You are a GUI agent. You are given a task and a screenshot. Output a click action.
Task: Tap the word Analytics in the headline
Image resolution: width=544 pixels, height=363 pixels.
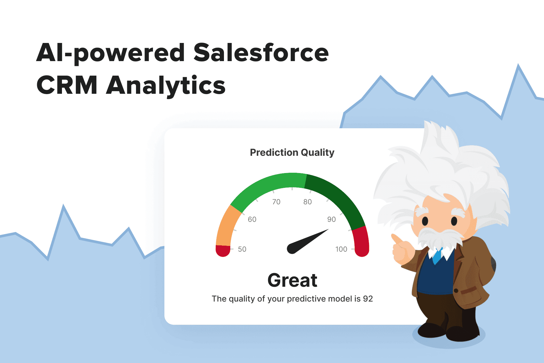(x=166, y=86)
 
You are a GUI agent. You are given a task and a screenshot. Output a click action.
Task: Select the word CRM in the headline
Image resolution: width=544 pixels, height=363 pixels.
(x=67, y=86)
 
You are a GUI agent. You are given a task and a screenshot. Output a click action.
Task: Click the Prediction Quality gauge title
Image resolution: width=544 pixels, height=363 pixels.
(x=292, y=152)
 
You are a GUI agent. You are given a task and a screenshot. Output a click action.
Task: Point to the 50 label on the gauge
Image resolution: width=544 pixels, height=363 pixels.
(x=242, y=249)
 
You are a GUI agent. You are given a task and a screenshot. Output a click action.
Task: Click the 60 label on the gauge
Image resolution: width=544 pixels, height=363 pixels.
(x=252, y=219)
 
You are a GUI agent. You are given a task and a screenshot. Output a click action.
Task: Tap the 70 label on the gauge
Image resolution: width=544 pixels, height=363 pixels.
(x=276, y=202)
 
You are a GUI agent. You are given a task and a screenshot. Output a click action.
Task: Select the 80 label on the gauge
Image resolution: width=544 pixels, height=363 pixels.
(x=307, y=202)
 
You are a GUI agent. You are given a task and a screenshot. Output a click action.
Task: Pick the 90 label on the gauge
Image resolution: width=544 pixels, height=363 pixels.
(x=332, y=219)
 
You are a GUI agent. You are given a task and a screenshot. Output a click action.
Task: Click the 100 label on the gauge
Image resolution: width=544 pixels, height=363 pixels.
(x=341, y=249)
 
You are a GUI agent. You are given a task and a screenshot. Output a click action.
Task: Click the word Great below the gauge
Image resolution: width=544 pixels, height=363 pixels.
(x=292, y=280)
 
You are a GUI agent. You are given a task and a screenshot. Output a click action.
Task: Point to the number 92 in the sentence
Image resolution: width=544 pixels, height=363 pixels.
(x=368, y=299)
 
